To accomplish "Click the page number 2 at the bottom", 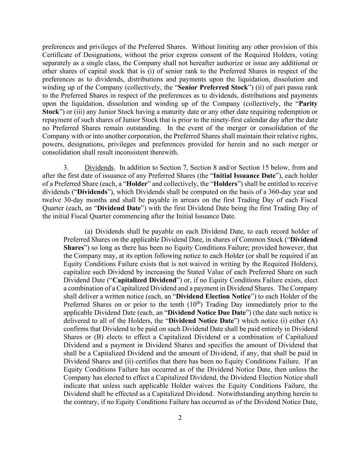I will (x=180, y=418).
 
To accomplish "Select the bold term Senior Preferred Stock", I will (x=213, y=87).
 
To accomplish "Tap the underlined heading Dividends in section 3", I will (x=99, y=168).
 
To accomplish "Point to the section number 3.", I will (x=66, y=168).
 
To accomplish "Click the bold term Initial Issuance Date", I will (x=244, y=176).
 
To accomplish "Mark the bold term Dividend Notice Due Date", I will (x=207, y=313).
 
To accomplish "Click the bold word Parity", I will (x=308, y=104).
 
